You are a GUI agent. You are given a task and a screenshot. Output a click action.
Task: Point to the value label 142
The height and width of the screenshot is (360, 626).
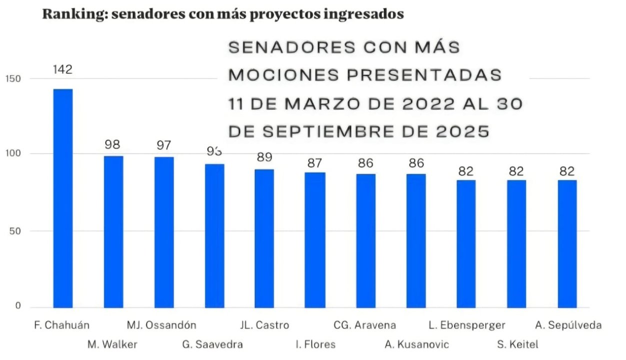[63, 69]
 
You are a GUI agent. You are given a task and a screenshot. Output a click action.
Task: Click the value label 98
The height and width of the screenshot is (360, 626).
[113, 145]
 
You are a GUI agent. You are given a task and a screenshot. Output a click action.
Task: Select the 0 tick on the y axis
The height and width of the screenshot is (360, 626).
[18, 306]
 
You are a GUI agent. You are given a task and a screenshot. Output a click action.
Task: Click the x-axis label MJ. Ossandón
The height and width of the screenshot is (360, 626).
[161, 325]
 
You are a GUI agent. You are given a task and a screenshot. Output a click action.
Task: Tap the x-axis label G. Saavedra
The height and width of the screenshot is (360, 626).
[212, 344]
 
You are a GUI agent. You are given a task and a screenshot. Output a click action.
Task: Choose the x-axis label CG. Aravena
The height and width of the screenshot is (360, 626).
[364, 325]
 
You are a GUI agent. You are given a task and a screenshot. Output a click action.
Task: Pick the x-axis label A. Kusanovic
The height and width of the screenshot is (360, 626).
[417, 344]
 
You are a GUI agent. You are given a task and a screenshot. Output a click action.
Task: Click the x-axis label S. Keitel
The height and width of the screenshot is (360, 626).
[517, 344]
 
